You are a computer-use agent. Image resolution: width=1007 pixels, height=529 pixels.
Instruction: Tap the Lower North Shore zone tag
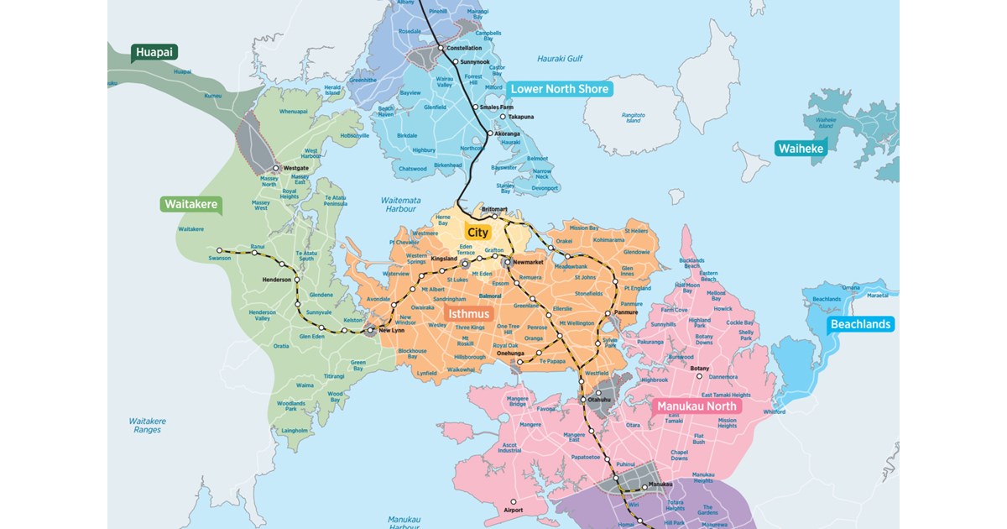click(560, 88)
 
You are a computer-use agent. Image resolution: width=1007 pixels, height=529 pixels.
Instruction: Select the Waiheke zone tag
click(801, 149)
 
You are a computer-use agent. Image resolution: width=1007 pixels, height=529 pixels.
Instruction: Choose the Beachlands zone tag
click(860, 324)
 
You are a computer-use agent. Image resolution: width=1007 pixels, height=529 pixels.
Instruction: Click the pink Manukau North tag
click(698, 406)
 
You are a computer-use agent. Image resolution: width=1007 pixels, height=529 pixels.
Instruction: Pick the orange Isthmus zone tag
click(467, 313)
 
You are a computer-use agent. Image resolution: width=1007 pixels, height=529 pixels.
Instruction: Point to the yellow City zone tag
click(477, 232)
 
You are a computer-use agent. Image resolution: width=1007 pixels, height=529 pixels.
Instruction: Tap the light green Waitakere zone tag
click(191, 204)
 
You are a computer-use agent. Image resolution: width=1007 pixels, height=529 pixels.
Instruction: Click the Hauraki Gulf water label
click(559, 59)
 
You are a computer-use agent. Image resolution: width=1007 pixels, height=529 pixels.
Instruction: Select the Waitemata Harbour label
click(400, 204)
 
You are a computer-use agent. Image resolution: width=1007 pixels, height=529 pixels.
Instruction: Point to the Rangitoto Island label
click(633, 117)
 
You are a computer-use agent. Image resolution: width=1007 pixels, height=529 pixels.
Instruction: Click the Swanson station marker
click(220, 250)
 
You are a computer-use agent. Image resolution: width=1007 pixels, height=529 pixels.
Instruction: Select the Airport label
click(513, 510)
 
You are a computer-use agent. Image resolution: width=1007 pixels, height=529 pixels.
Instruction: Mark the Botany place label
click(699, 368)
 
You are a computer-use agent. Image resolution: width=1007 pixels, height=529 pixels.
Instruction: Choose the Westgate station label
click(296, 168)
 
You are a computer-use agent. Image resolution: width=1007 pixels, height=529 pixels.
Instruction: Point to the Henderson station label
click(276, 280)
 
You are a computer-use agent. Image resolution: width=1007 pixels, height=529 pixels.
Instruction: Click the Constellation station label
click(464, 48)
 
